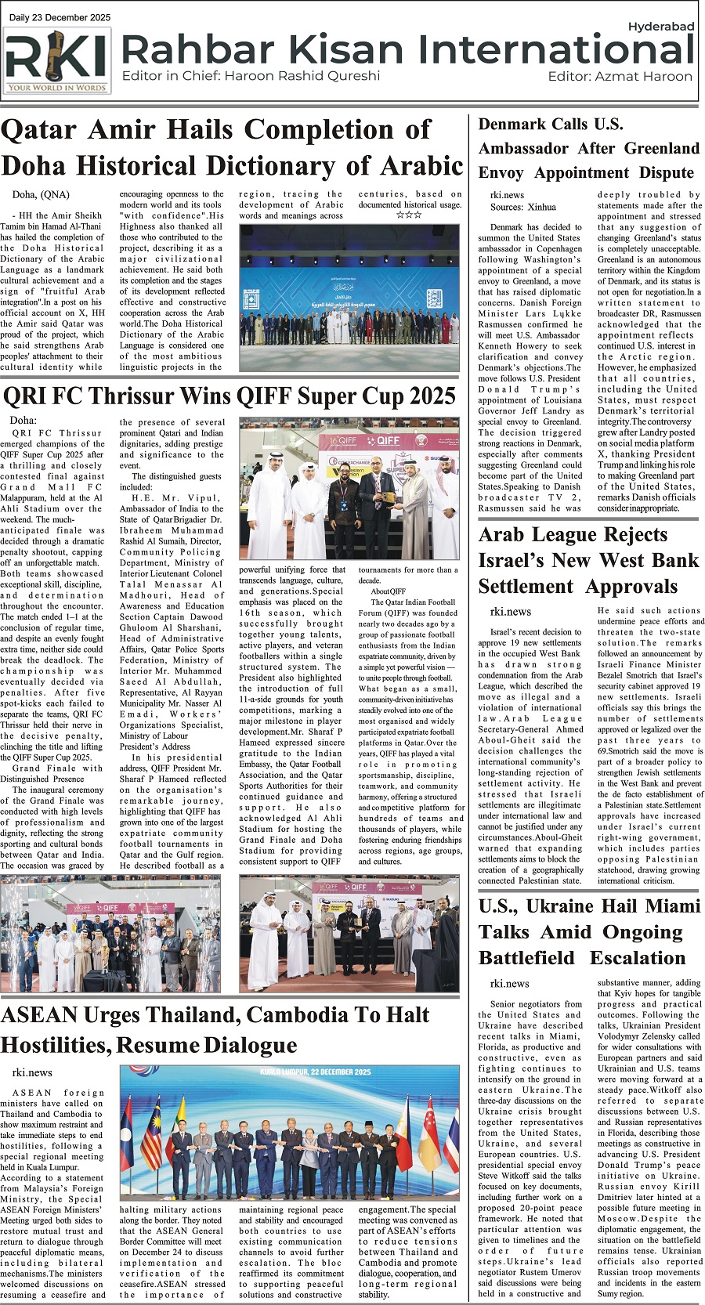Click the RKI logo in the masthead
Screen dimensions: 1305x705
coord(56,60)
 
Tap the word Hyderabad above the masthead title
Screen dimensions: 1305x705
coord(661,27)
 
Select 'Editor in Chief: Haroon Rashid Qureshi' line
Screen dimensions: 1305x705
coord(251,76)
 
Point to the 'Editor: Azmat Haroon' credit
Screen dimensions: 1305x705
coord(620,77)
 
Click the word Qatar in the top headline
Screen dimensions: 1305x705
coord(38,130)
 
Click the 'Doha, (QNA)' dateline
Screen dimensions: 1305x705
coord(41,195)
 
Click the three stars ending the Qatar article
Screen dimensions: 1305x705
coord(409,215)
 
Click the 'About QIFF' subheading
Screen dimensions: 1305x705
coord(389,591)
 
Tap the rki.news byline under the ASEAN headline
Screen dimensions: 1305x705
coord(32,1072)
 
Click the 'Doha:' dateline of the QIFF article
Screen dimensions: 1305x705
coord(23,421)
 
